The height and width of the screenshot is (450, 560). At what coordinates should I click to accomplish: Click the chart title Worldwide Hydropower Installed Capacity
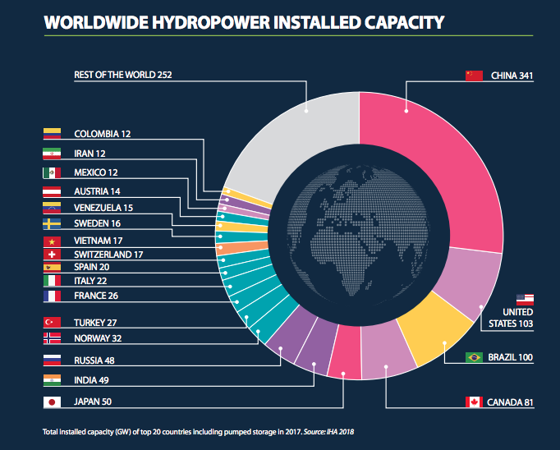point(244,22)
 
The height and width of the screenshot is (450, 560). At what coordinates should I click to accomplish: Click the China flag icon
point(474,76)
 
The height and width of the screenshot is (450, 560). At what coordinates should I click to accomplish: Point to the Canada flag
point(474,402)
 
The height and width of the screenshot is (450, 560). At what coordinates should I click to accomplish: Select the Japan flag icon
point(51,402)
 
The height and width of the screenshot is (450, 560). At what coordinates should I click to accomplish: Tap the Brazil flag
point(474,357)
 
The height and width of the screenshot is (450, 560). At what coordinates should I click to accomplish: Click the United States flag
point(525,299)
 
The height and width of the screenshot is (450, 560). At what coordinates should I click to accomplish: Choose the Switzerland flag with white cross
point(51,255)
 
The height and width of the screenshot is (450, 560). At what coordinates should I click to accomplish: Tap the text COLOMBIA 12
point(103,133)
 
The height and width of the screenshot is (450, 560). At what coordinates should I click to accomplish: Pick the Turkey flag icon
point(51,323)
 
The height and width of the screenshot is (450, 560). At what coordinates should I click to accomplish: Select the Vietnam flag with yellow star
point(51,241)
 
